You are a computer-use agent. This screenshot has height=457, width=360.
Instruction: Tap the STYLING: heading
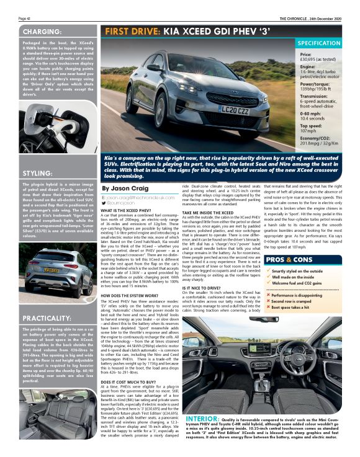[37, 173]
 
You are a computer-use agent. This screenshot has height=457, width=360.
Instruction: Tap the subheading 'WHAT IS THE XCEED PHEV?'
[127, 211]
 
